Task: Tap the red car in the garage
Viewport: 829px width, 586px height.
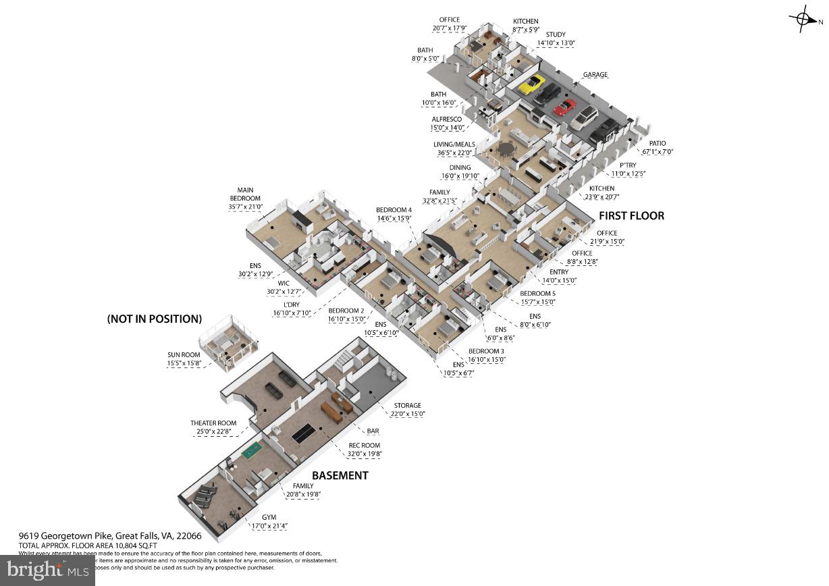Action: pyautogui.click(x=564, y=107)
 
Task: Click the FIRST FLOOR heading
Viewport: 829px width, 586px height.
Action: pyautogui.click(x=631, y=216)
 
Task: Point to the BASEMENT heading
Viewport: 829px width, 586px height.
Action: pyautogui.click(x=340, y=475)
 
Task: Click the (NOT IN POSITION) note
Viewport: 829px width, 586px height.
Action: pyautogui.click(x=154, y=319)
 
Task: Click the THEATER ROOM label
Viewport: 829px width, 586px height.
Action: pyautogui.click(x=213, y=423)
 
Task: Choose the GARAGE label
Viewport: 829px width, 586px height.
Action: pyautogui.click(x=595, y=75)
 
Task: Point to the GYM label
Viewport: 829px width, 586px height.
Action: pyautogui.click(x=270, y=516)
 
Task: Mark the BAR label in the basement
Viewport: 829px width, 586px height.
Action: pyautogui.click(x=372, y=431)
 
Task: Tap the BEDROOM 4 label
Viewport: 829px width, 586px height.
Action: pyautogui.click(x=394, y=210)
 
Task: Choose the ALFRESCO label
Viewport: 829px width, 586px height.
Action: pyautogui.click(x=447, y=119)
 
